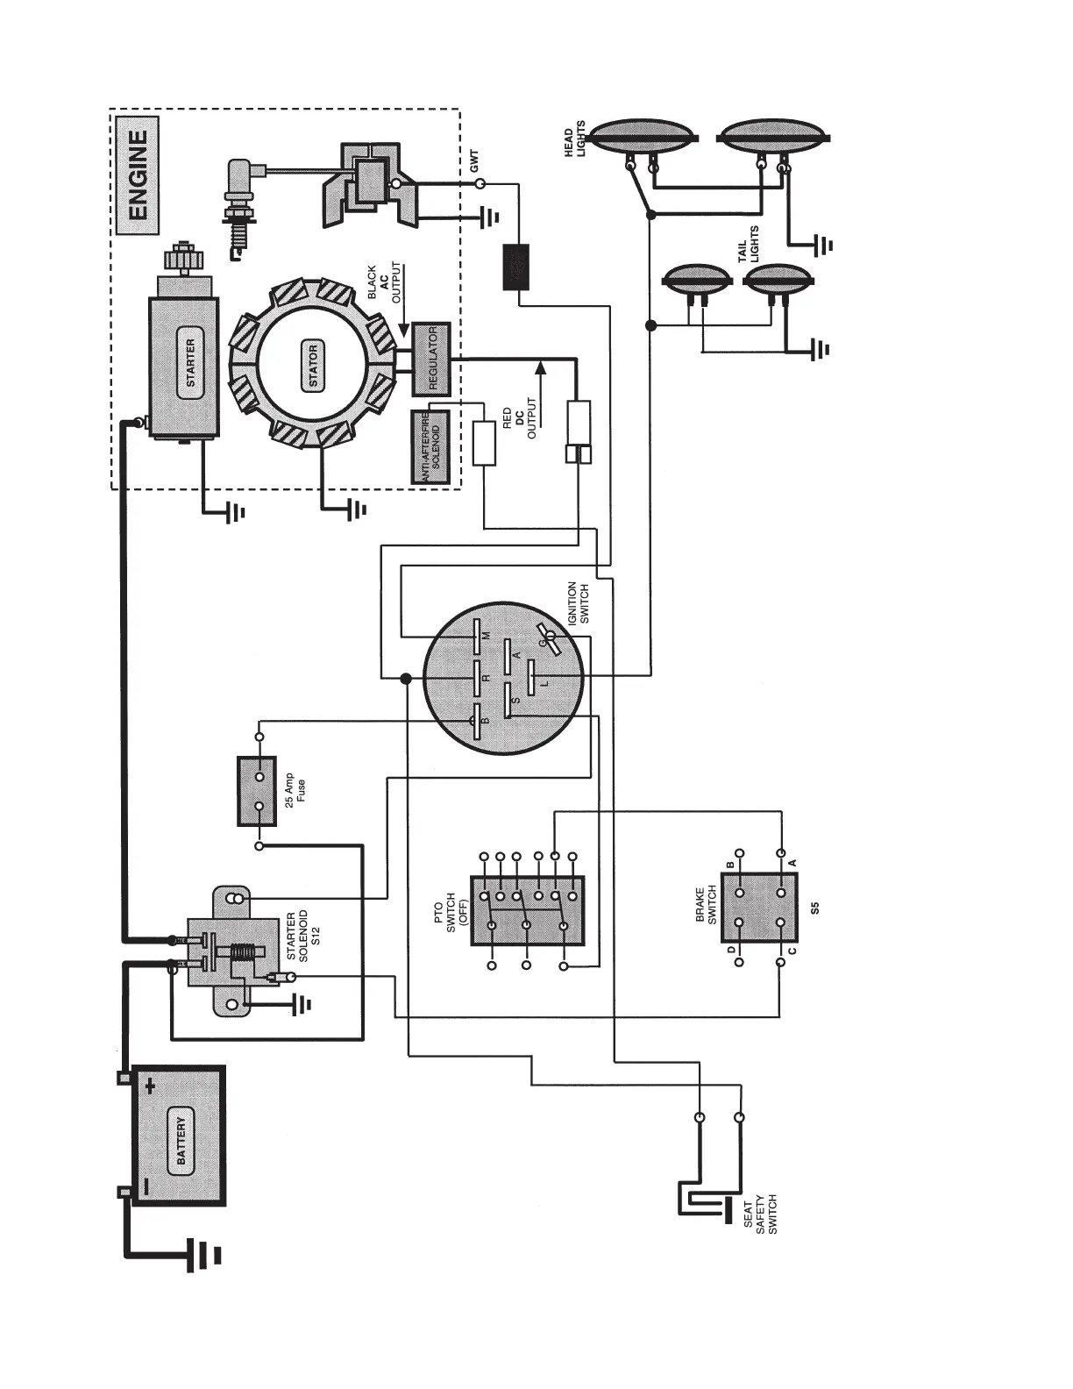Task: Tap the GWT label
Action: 474,160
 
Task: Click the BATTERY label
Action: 181,1141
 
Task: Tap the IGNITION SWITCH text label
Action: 579,602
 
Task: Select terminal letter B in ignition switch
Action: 487,721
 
